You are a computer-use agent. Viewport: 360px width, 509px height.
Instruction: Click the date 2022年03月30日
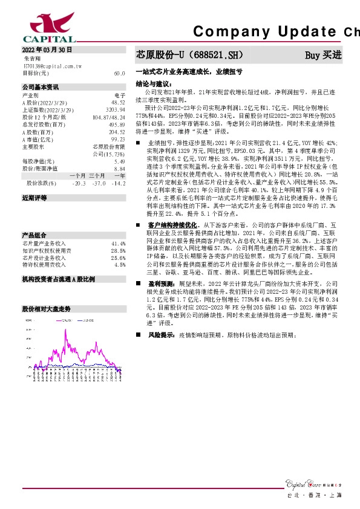click(47, 50)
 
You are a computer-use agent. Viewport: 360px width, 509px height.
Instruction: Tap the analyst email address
click(53, 65)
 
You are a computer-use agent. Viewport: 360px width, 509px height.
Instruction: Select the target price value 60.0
click(119, 73)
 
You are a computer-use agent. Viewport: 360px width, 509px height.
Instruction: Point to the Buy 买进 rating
click(323, 55)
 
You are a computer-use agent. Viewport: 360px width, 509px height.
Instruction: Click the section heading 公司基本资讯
click(41, 87)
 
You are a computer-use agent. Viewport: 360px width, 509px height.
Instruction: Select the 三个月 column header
click(97, 175)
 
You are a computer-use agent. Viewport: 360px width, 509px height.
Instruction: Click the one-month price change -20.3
click(79, 183)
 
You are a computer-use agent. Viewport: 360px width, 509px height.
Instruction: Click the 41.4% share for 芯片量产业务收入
click(119, 243)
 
